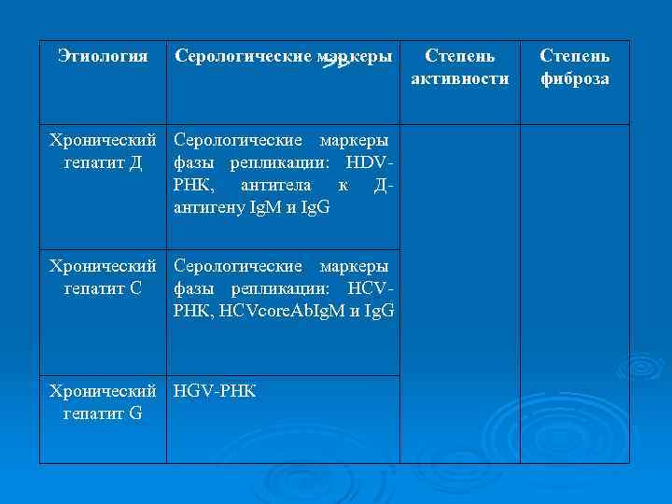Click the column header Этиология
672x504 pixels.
[103, 57]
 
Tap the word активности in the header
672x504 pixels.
[460, 78]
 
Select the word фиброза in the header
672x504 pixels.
[575, 78]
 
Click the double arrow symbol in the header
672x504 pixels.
[334, 63]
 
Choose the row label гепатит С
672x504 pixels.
[103, 287]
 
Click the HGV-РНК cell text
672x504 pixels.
[215, 391]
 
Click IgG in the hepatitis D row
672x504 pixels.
[316, 206]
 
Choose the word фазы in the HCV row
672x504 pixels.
[190, 288]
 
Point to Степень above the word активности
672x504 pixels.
[460, 57]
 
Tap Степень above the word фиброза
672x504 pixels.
[575, 57]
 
